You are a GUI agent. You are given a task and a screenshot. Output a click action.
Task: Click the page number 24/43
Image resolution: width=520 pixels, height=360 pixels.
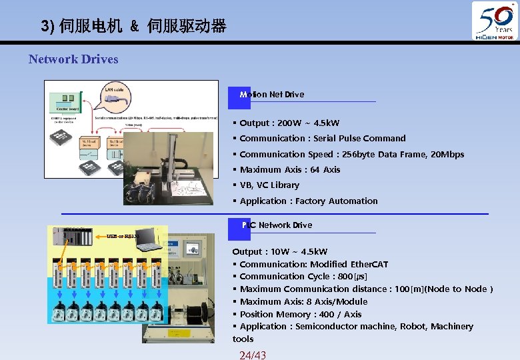(253, 355)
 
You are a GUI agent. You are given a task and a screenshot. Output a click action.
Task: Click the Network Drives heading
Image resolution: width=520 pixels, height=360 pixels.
(73, 59)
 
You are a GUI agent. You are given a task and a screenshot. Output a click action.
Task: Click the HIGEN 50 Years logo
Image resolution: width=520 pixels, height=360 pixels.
(495, 21)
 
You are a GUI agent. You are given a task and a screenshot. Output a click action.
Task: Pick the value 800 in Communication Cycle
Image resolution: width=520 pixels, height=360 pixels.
(345, 277)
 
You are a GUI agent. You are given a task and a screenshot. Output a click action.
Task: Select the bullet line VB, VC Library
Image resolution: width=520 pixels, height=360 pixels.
(269, 185)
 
